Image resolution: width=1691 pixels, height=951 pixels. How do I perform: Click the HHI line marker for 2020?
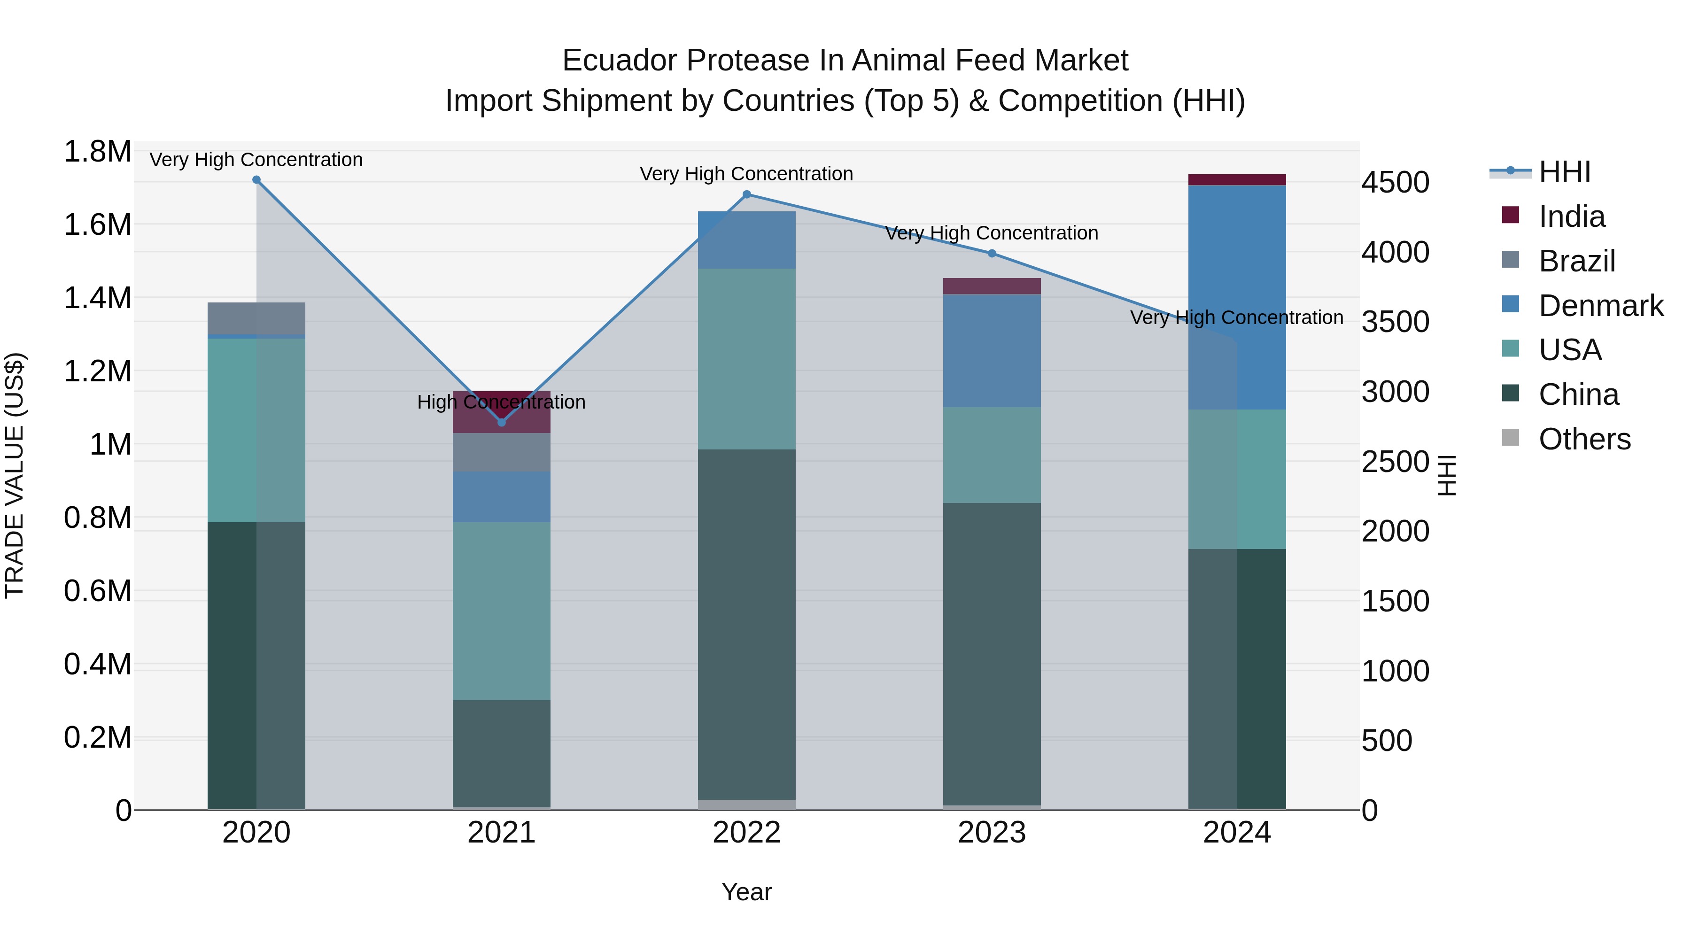pyautogui.click(x=256, y=180)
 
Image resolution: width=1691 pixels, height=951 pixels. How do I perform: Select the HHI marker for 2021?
pyautogui.click(x=502, y=422)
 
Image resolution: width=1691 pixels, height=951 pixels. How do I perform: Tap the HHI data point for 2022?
pyautogui.click(x=746, y=194)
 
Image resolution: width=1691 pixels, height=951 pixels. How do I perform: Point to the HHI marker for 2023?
pyautogui.click(x=992, y=253)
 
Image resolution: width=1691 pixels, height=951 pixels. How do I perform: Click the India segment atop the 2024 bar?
pyautogui.click(x=1237, y=180)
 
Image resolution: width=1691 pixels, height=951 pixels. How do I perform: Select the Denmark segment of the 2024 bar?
pyautogui.click(x=1237, y=295)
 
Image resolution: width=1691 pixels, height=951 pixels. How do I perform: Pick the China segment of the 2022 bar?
pyautogui.click(x=746, y=624)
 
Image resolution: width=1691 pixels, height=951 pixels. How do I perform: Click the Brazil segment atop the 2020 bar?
pyautogui.click(x=256, y=318)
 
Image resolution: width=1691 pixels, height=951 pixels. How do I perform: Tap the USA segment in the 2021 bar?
pyautogui.click(x=502, y=611)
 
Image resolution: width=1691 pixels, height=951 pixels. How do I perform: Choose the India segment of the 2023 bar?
pyautogui.click(x=992, y=286)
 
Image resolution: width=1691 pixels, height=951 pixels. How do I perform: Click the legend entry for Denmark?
pyautogui.click(x=1600, y=306)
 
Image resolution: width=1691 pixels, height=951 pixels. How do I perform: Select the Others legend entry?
pyautogui.click(x=1584, y=439)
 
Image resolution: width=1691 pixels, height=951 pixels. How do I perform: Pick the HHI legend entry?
pyautogui.click(x=1564, y=172)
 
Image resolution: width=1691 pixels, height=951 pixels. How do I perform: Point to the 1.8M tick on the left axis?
pyautogui.click(x=97, y=152)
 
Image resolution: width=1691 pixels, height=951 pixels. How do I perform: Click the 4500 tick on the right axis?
pyautogui.click(x=1395, y=183)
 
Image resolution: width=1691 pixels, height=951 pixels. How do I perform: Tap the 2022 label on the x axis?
pyautogui.click(x=746, y=833)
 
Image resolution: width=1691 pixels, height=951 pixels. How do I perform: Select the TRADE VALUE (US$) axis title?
pyautogui.click(x=15, y=475)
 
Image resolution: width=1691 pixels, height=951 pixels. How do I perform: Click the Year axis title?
pyautogui.click(x=746, y=892)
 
